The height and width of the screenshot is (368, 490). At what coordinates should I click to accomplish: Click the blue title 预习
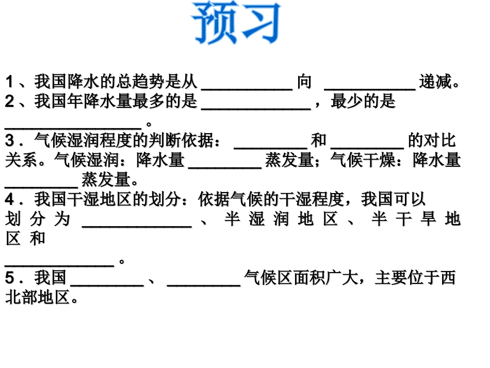[x=237, y=24]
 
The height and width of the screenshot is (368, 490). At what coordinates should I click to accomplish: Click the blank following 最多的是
[x=255, y=106]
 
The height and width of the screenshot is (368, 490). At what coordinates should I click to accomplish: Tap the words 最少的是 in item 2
[x=363, y=102]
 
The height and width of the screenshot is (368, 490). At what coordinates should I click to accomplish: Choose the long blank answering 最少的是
[x=73, y=126]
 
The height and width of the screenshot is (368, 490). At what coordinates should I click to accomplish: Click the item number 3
[x=10, y=140]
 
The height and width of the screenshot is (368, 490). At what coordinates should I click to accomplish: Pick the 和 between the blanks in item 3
[x=319, y=140]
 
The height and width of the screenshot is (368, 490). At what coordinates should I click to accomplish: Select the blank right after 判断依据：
[x=270, y=145]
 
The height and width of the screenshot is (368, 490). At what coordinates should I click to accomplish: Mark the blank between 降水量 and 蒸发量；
[x=225, y=165]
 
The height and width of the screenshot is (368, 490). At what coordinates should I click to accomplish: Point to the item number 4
[x=10, y=199]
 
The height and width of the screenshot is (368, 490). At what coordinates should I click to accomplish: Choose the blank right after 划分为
[x=137, y=223]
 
